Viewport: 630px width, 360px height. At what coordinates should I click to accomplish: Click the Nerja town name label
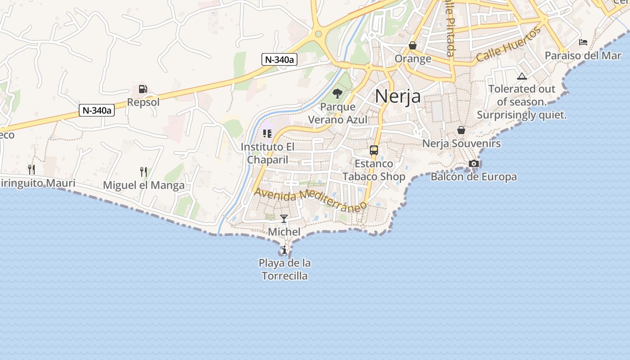tap(398, 96)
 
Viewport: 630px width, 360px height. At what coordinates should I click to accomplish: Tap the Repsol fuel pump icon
tap(143, 89)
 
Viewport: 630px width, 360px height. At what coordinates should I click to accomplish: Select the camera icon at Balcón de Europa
tap(473, 163)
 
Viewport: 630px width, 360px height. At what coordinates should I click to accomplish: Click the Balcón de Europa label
tap(473, 177)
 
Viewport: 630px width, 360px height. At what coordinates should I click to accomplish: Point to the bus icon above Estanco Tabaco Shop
tap(373, 150)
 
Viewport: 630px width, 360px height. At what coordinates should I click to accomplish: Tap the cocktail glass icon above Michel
tap(284, 219)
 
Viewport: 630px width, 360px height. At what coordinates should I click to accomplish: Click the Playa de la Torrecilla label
tap(284, 269)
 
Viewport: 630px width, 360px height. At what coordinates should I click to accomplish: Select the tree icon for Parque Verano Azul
tap(337, 94)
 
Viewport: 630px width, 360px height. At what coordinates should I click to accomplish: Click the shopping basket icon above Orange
tap(413, 45)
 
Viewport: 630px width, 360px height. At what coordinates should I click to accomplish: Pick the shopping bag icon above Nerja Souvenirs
tap(461, 130)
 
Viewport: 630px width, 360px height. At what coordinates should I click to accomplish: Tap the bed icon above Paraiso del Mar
tap(583, 43)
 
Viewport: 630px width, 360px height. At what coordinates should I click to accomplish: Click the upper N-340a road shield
tap(279, 59)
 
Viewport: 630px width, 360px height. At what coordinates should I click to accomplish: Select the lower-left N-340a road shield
tap(97, 110)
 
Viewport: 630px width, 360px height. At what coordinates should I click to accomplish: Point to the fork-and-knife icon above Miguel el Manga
tap(144, 171)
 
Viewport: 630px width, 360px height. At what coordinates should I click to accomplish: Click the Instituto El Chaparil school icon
tap(267, 134)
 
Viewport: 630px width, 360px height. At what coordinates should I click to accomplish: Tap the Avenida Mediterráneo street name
tap(310, 200)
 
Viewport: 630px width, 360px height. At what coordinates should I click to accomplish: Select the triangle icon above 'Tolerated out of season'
tap(522, 76)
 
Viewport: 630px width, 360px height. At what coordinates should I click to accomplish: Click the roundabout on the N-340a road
tap(319, 33)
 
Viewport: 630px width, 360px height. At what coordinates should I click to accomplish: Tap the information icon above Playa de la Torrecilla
tap(284, 250)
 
